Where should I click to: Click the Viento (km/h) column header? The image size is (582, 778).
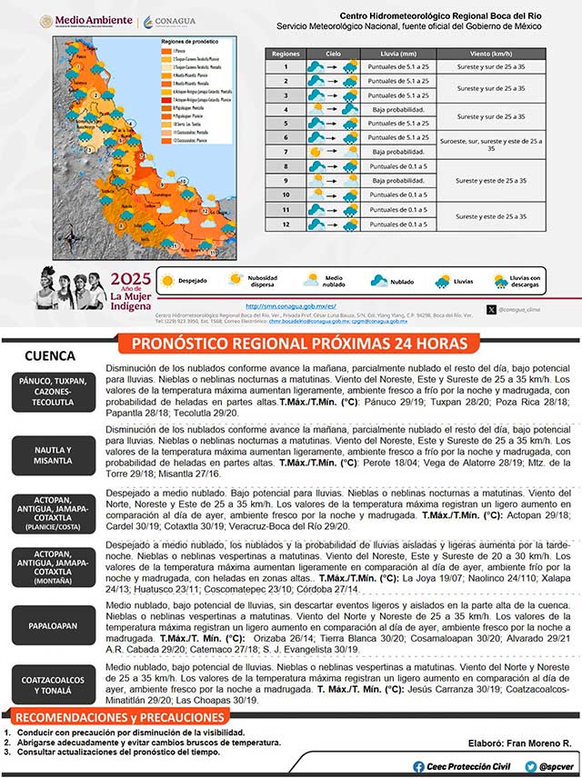click(491, 54)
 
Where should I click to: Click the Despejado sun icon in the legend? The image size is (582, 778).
click(166, 282)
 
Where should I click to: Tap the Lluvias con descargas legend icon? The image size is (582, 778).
click(500, 282)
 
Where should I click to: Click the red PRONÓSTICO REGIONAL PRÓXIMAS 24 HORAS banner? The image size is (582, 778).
click(300, 344)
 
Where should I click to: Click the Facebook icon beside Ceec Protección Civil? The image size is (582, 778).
click(417, 766)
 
